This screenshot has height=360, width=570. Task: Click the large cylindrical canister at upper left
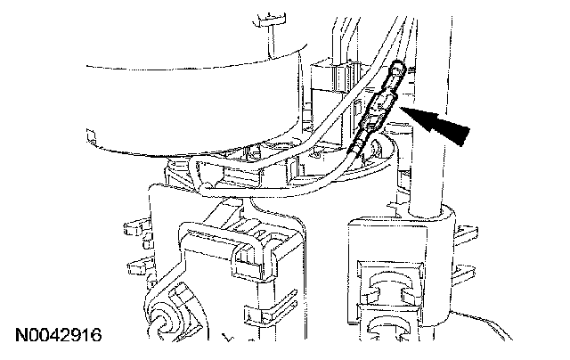[x=178, y=98]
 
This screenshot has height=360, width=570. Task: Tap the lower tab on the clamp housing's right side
[x=464, y=268]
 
